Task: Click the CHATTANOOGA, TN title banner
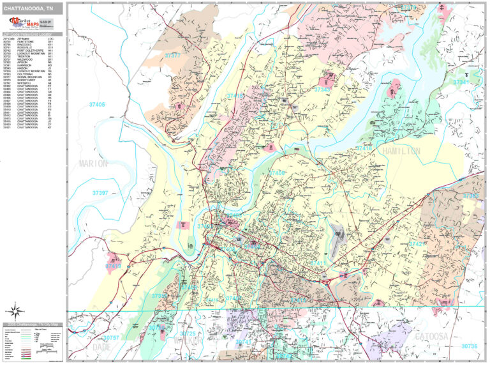(33, 8)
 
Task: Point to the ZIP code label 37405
(98, 104)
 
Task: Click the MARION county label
(93, 164)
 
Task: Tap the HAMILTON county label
(400, 151)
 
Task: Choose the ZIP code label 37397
(100, 192)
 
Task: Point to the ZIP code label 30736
(468, 346)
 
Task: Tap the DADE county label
(101, 347)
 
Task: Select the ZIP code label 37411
(318, 263)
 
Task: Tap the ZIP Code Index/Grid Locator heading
(33, 34)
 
